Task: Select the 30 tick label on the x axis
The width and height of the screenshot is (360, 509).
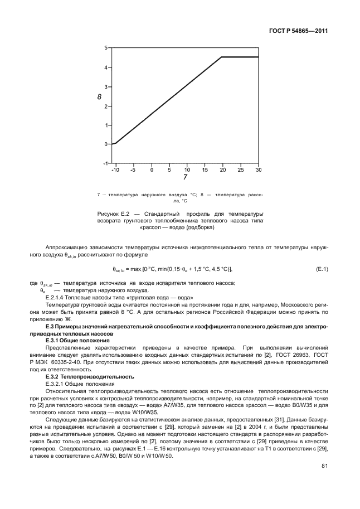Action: [259, 169]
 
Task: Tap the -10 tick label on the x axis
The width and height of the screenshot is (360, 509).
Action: [115, 169]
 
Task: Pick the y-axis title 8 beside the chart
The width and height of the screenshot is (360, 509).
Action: [99, 97]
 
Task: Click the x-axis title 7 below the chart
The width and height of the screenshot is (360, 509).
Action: [185, 178]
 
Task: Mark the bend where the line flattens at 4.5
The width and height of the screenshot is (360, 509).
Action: [222, 57]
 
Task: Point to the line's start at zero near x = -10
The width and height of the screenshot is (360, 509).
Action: [116, 143]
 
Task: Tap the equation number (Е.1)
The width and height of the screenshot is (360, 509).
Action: [322, 270]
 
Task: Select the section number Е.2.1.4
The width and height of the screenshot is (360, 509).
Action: [56, 298]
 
